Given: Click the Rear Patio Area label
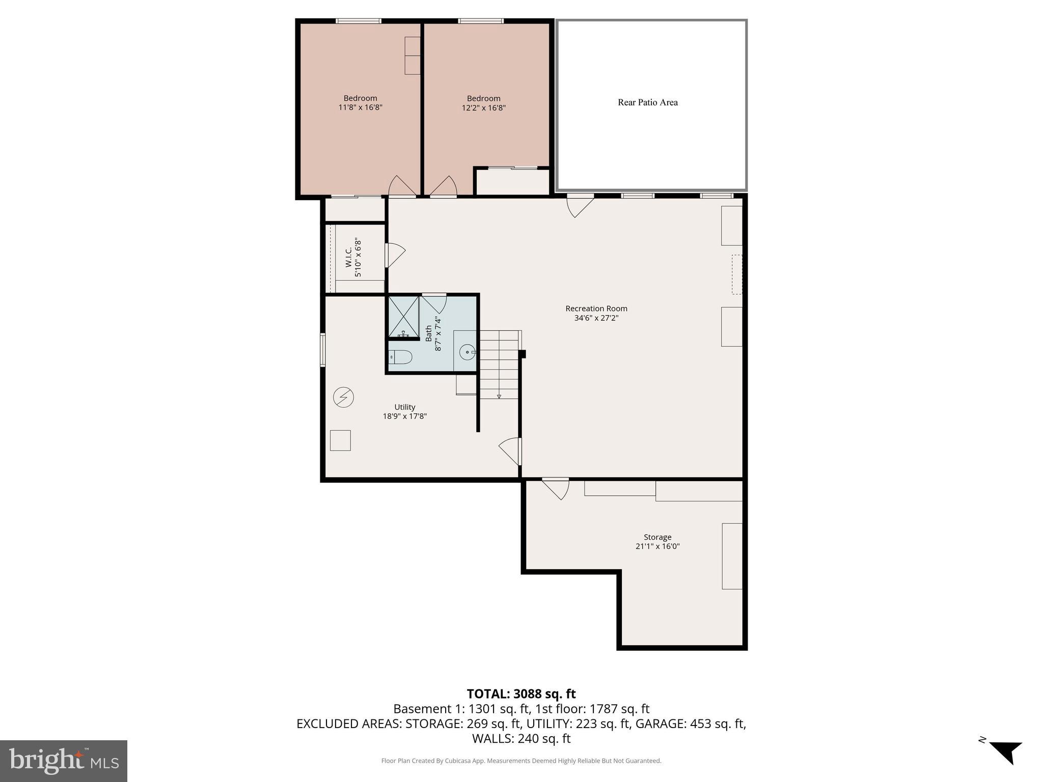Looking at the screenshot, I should pyautogui.click(x=647, y=102).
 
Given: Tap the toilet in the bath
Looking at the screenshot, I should pyautogui.click(x=401, y=357).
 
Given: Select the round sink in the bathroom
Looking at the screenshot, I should pyautogui.click(x=467, y=352).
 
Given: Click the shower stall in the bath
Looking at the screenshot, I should pyautogui.click(x=403, y=317).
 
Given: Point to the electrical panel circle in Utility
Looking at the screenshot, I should pyautogui.click(x=343, y=397).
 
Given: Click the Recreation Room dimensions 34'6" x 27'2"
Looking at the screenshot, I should pyautogui.click(x=596, y=318).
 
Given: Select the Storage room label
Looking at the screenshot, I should pyautogui.click(x=657, y=537).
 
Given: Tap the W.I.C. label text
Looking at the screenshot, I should pyautogui.click(x=349, y=258).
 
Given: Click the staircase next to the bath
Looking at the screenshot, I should pyautogui.click(x=499, y=364).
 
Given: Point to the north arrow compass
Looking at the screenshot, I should pyautogui.click(x=1005, y=752).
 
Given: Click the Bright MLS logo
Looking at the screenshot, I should pyautogui.click(x=64, y=761).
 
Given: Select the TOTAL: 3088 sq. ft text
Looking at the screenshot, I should pyautogui.click(x=521, y=694).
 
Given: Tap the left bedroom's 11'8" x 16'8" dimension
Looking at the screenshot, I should pyautogui.click(x=360, y=107).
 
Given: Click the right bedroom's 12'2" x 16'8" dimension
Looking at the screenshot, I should pyautogui.click(x=483, y=108).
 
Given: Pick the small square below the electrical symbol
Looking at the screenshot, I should pyautogui.click(x=340, y=440).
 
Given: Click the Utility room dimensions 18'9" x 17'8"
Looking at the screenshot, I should pyautogui.click(x=404, y=416).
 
